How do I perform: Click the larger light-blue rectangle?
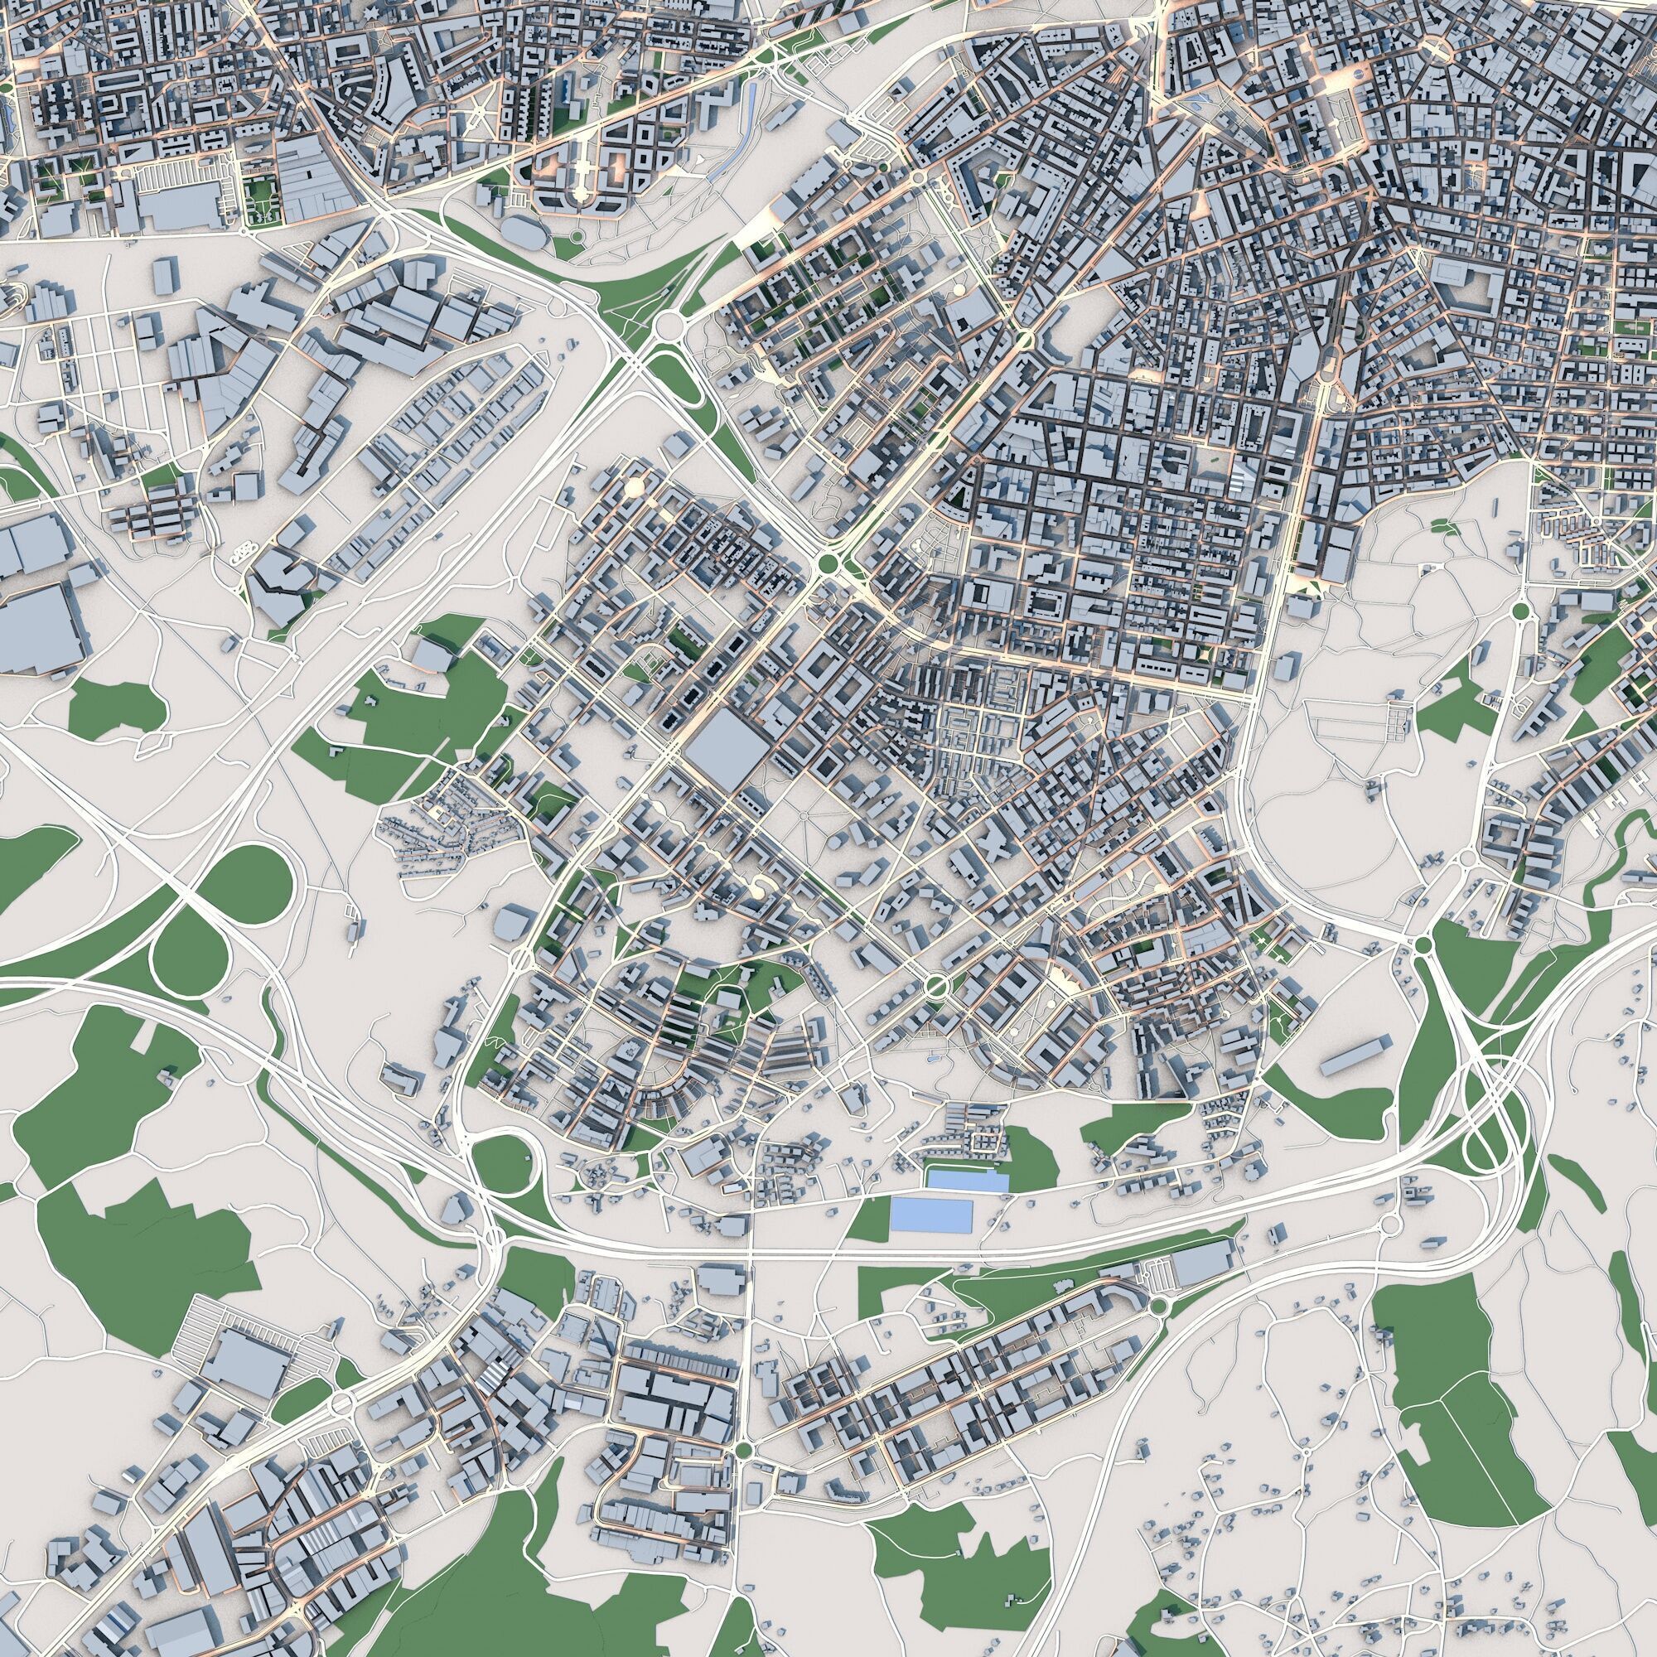click(x=930, y=1216)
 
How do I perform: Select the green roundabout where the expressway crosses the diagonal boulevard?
click(x=828, y=563)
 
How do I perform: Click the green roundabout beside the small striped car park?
click(x=1158, y=1307)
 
